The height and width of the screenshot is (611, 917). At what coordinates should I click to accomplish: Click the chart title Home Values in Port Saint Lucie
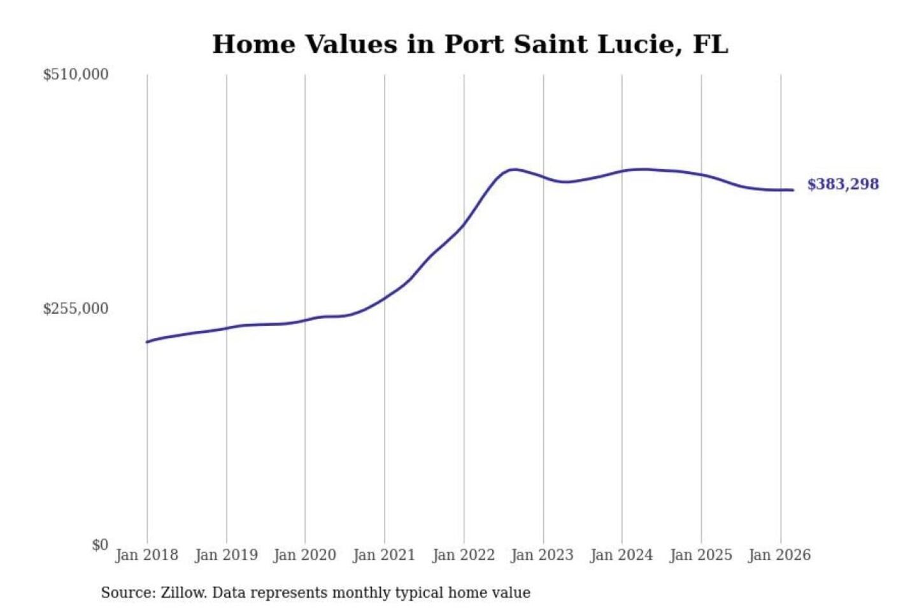point(470,45)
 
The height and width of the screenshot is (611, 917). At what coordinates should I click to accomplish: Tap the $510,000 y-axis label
point(76,74)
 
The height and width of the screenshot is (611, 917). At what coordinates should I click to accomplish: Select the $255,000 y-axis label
point(76,309)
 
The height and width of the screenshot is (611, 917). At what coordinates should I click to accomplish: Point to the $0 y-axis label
point(100,545)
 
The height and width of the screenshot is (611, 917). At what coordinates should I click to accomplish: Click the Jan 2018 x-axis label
point(146,555)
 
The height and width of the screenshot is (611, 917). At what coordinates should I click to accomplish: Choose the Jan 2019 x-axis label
point(226,555)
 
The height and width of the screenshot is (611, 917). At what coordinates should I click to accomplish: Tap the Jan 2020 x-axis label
point(304,555)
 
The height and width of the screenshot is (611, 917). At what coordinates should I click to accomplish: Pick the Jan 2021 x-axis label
point(384,555)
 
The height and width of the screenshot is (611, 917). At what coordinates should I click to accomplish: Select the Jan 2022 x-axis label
point(464,555)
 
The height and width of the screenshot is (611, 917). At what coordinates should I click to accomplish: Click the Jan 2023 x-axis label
point(542,555)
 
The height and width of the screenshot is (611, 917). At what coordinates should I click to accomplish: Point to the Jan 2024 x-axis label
point(622,555)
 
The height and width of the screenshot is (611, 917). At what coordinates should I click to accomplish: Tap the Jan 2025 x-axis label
point(700,555)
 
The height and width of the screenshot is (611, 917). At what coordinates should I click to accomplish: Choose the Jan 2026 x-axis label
point(779,555)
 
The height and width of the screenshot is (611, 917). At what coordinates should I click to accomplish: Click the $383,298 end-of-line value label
point(842,185)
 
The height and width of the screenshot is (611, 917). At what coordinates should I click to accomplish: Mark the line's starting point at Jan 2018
point(147,342)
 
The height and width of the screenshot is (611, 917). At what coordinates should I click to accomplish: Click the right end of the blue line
point(792,190)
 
